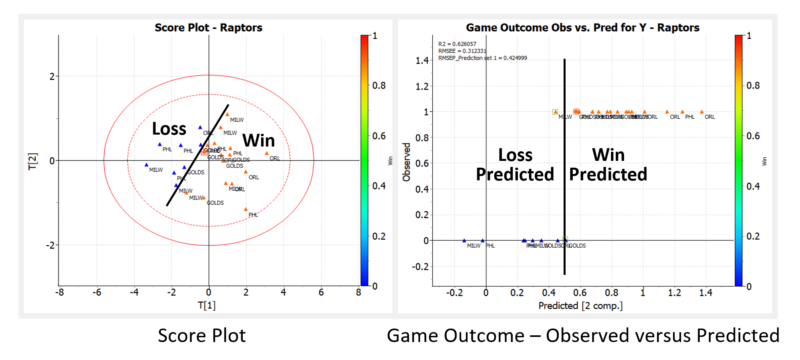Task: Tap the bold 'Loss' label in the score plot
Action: [170, 129]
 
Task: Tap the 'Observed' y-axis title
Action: [404, 160]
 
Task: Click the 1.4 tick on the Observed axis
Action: [422, 60]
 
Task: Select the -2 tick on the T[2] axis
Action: [48, 245]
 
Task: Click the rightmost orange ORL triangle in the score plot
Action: [266, 154]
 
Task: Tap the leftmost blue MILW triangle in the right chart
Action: [464, 240]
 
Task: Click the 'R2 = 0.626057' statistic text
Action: [458, 44]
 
